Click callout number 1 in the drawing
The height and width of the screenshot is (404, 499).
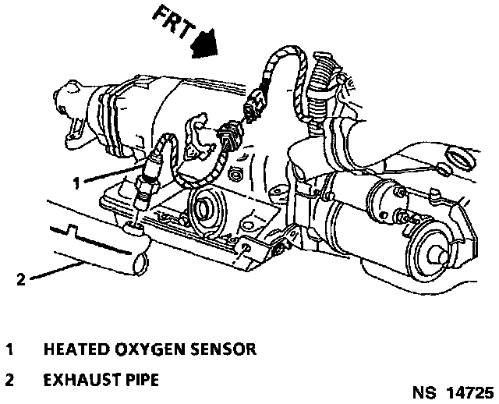pyautogui.click(x=76, y=183)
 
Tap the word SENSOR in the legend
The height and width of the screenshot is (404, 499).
pyautogui.click(x=222, y=348)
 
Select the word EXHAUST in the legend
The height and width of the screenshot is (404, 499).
pyautogui.click(x=82, y=381)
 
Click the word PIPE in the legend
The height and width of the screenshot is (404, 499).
pyautogui.click(x=141, y=381)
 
